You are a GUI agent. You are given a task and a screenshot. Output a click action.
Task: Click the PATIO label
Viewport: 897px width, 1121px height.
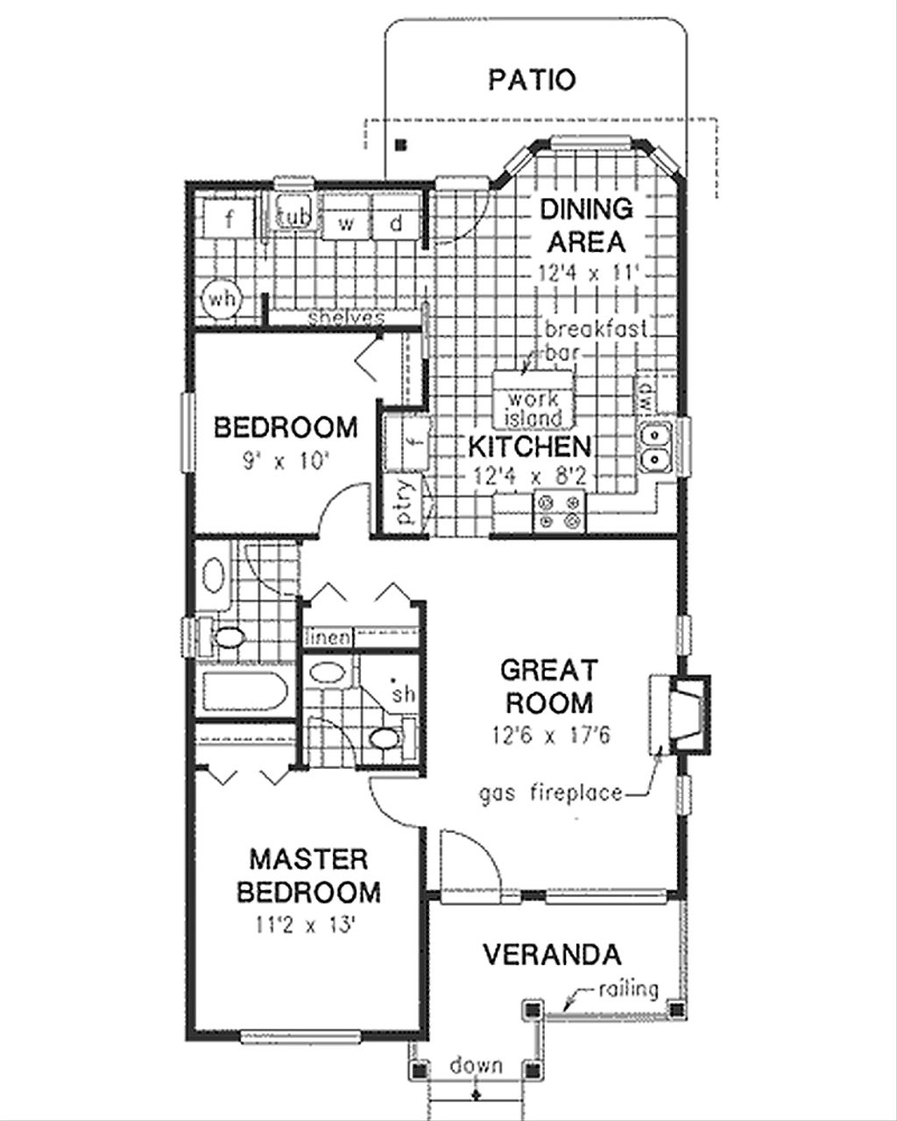point(532,81)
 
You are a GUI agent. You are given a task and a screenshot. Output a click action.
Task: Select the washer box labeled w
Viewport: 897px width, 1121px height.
point(348,223)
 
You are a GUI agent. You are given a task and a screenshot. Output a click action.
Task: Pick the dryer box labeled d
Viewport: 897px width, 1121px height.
point(396,223)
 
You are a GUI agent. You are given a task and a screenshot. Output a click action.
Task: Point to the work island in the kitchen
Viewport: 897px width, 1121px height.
point(533,406)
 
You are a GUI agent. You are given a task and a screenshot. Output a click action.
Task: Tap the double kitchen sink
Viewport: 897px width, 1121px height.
point(653,447)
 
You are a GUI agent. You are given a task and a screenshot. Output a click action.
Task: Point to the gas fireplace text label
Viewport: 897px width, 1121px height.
point(551,794)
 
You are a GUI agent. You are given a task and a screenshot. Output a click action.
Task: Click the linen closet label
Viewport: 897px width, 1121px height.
point(328,638)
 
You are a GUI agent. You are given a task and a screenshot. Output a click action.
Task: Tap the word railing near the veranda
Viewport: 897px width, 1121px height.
point(628,990)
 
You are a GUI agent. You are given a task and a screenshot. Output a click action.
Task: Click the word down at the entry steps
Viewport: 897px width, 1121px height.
point(477,1066)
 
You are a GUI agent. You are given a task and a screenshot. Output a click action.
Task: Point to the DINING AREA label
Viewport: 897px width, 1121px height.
point(584,224)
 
